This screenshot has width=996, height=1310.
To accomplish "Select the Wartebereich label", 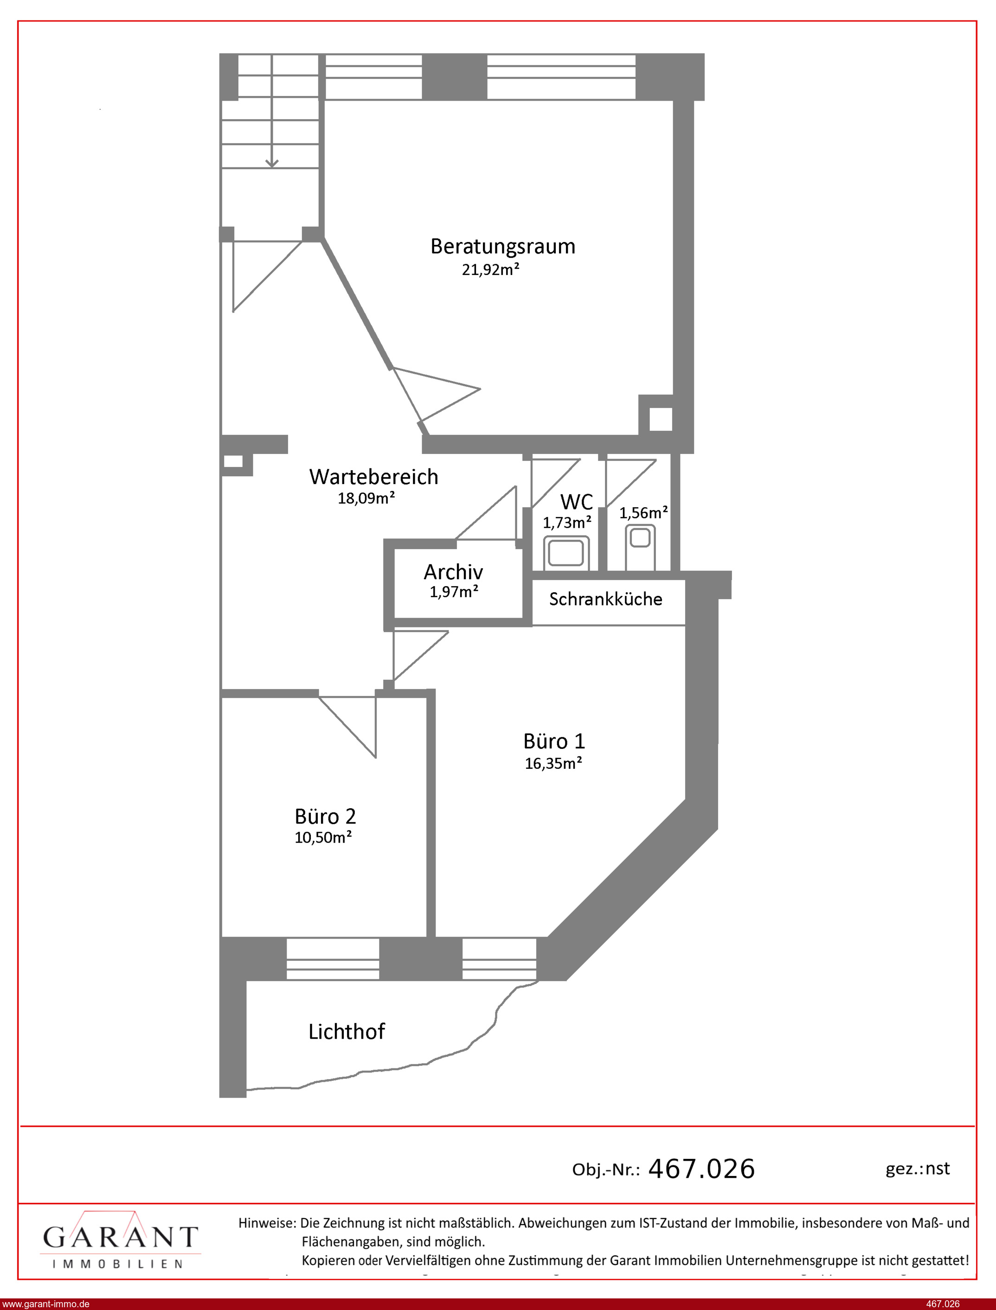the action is pyautogui.click(x=373, y=477).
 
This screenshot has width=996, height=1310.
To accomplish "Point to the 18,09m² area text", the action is pyautogui.click(x=366, y=498).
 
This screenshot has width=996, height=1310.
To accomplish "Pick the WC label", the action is pyautogui.click(x=576, y=502).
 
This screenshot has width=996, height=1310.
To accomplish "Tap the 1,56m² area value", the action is pyautogui.click(x=644, y=512).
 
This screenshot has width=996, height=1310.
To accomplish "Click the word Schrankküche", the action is pyautogui.click(x=605, y=599).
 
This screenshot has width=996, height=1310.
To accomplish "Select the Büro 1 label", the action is pyautogui.click(x=554, y=741).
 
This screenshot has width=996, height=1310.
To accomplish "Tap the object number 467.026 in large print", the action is pyautogui.click(x=702, y=1169).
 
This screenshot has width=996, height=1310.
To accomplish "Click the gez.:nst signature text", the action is pyautogui.click(x=918, y=1169).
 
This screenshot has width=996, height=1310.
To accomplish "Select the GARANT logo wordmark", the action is pyautogui.click(x=120, y=1237).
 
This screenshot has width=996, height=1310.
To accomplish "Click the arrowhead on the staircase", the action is pyautogui.click(x=271, y=162).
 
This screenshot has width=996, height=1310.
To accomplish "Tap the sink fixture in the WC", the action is pyautogui.click(x=566, y=553).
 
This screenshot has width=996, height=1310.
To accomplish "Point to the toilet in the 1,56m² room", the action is pyautogui.click(x=640, y=546).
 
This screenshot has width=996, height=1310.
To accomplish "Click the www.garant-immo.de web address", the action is pyautogui.click(x=45, y=1304).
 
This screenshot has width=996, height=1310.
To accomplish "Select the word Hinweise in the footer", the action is pyautogui.click(x=267, y=1223).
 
